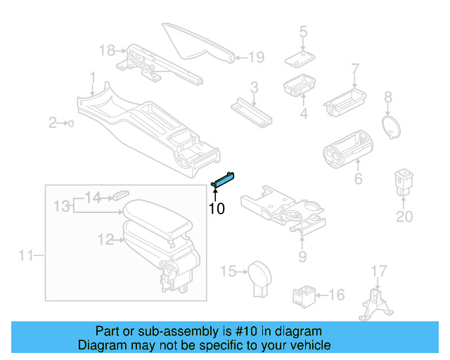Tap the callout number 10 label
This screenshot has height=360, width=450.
(x=216, y=209)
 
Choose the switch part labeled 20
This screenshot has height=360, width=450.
(x=404, y=181)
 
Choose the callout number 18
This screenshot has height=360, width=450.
(x=106, y=50)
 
